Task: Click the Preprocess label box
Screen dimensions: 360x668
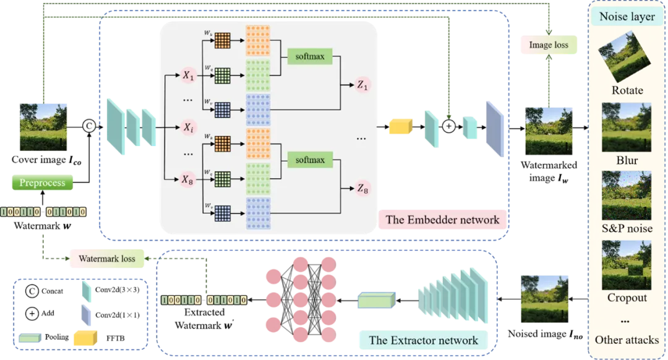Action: click(42, 183)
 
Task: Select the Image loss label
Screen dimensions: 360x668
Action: click(549, 45)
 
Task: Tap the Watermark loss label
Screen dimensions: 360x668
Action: click(107, 259)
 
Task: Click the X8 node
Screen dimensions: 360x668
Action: click(188, 180)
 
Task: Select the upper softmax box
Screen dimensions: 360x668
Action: click(310, 58)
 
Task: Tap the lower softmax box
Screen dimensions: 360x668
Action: click(310, 160)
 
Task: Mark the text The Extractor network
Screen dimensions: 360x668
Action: click(423, 340)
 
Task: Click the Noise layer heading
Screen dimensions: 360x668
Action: click(627, 17)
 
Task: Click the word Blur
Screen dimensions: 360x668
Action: click(627, 160)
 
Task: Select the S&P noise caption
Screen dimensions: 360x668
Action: click(627, 229)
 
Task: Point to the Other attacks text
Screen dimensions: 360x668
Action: click(627, 340)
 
